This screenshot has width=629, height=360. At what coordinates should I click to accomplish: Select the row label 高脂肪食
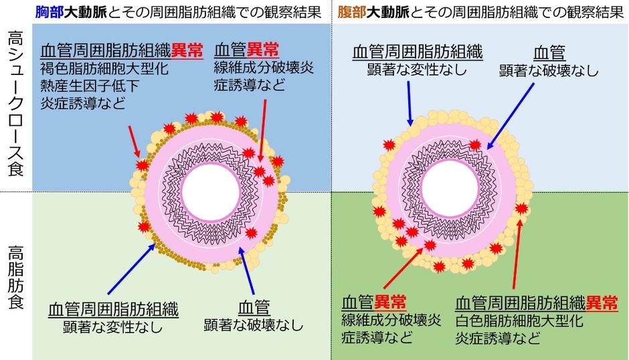point(15,278)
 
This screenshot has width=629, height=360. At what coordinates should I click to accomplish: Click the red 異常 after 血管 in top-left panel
point(262,51)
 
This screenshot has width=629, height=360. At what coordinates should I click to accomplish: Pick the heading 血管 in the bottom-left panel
point(254,308)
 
